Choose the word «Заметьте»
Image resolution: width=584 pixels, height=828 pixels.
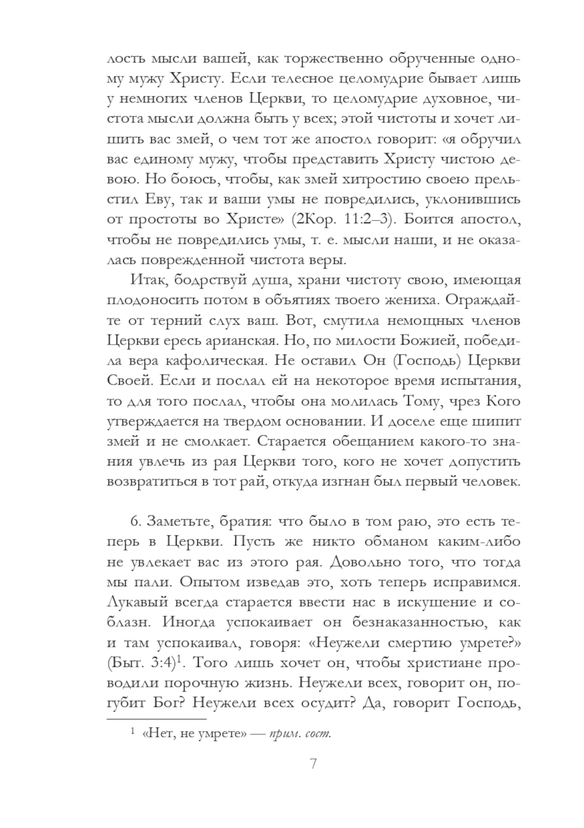(178, 521)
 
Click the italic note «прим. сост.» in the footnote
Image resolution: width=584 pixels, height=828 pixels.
(301, 733)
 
